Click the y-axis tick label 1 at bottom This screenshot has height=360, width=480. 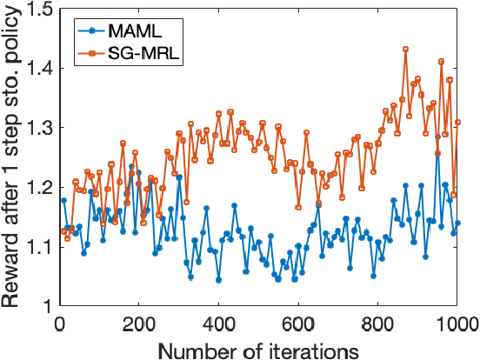tap(43, 306)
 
